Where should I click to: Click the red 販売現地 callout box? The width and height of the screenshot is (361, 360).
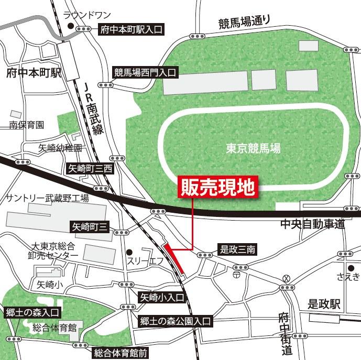click(x=217, y=186)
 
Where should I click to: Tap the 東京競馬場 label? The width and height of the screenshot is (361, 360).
click(x=253, y=149)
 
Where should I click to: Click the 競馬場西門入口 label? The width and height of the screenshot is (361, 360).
click(x=146, y=73)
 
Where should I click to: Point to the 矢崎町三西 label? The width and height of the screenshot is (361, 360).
click(x=91, y=169)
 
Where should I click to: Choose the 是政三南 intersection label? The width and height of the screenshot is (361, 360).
click(x=236, y=250)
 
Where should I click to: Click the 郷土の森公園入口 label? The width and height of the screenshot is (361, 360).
click(x=175, y=321)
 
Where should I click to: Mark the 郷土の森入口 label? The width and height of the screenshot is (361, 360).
click(x=32, y=313)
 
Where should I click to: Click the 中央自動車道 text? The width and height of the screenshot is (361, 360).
click(x=312, y=224)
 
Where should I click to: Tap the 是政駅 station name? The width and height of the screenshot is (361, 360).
click(x=324, y=303)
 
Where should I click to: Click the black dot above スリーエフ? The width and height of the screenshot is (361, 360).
click(x=129, y=250)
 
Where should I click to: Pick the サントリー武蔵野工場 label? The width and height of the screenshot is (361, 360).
click(x=47, y=198)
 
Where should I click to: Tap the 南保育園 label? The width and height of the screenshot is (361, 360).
click(x=26, y=125)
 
